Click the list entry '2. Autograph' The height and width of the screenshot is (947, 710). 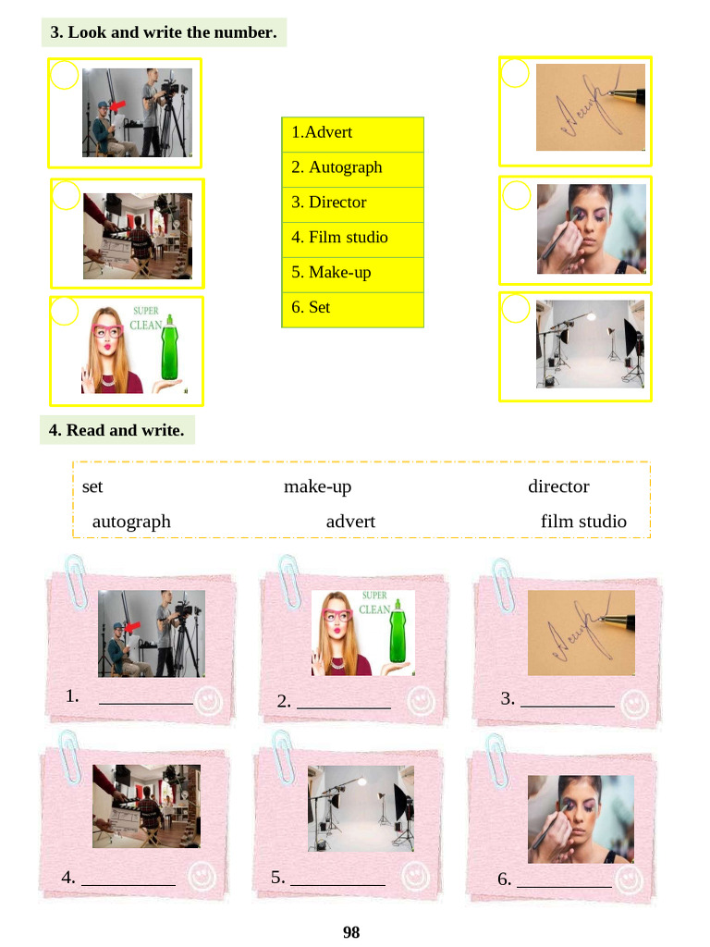pyautogui.click(x=337, y=167)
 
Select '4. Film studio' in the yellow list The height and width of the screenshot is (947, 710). pyautogui.click(x=339, y=238)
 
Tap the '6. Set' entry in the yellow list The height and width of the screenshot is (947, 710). pyautogui.click(x=311, y=307)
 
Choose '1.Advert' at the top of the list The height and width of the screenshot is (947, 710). pyautogui.click(x=322, y=132)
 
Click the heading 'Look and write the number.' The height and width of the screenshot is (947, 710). pyautogui.click(x=172, y=32)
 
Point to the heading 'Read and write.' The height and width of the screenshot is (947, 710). pyautogui.click(x=125, y=430)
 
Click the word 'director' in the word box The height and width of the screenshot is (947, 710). pyautogui.click(x=558, y=486)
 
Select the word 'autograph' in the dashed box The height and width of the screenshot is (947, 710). pyautogui.click(x=131, y=522)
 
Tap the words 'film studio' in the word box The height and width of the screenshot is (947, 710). pyautogui.click(x=584, y=522)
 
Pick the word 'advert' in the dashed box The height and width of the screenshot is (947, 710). pyautogui.click(x=350, y=522)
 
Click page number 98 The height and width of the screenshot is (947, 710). pyautogui.click(x=351, y=932)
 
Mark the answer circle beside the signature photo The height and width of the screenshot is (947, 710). pyautogui.click(x=515, y=72)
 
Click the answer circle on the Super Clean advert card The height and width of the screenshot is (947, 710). pyautogui.click(x=64, y=311)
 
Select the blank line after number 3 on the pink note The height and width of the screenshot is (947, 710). pyautogui.click(x=568, y=706)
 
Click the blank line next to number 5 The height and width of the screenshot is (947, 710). pyautogui.click(x=337, y=885)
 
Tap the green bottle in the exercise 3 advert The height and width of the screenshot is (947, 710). pyautogui.click(x=170, y=348)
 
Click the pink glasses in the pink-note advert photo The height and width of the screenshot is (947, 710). pyautogui.click(x=340, y=616)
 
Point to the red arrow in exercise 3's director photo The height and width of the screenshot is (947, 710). pyautogui.click(x=117, y=105)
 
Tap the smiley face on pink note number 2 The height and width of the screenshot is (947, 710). pyautogui.click(x=421, y=701)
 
